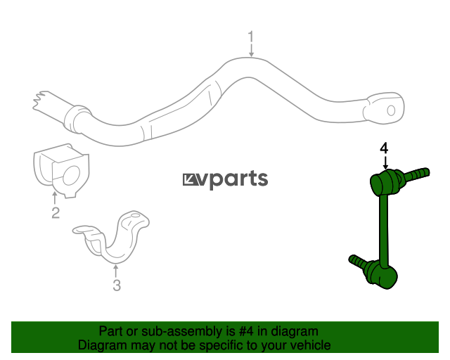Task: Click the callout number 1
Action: pos(251,37)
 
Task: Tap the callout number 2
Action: pos(56,213)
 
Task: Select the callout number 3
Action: pos(117,285)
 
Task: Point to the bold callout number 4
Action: pos(384,148)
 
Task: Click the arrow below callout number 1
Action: pos(251,50)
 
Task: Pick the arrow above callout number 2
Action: pos(55,198)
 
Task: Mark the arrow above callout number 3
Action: pos(115,271)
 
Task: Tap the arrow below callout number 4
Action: pos(385,163)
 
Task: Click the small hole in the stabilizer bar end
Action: pos(391,110)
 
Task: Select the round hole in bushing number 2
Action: pos(71,175)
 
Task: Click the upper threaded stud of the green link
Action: pos(416,174)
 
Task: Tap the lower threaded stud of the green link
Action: pos(358,262)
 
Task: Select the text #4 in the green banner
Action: pos(246,331)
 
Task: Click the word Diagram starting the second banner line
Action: pos(102,345)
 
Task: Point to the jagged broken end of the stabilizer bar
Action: pos(39,101)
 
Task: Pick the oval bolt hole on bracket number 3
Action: pos(135,215)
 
